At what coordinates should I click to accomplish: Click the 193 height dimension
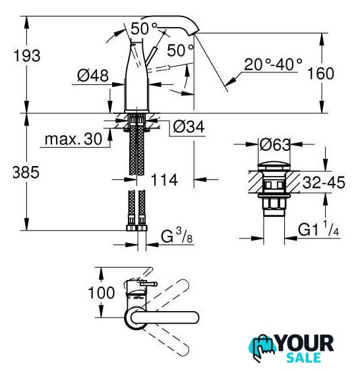27,56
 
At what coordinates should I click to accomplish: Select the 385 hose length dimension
26,172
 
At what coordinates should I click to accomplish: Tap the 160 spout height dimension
320,73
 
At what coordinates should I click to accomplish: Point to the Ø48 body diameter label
93,76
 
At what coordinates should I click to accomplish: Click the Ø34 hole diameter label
189,127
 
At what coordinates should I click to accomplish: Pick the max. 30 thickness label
73,139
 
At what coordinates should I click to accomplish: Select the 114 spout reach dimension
164,180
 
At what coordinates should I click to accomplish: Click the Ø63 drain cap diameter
275,144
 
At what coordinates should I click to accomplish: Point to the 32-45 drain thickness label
324,183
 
